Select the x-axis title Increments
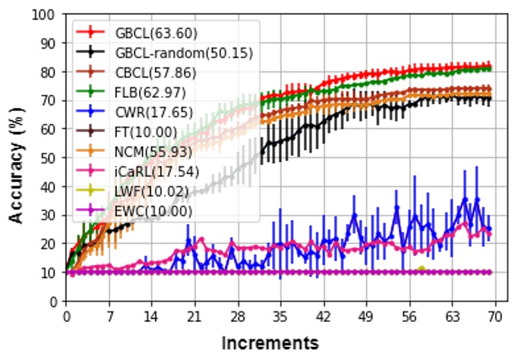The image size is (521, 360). point(270,343)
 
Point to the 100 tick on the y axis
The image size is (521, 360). point(47,14)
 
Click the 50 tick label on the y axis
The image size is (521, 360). point(50,158)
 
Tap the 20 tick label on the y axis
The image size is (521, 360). point(50,244)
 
